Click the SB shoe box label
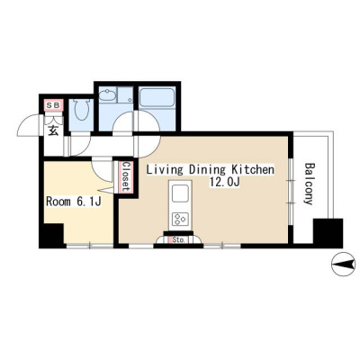pos(54,105)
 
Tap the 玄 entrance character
pos(53,130)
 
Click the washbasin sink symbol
pos(107,95)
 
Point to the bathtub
pos(157,97)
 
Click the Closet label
pos(126,177)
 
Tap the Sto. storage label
pos(179,240)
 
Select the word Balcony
pos(309,184)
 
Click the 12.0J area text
pos(224,182)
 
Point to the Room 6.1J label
pos(73,202)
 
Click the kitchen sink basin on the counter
pos(180,193)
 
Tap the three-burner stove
pos(180,219)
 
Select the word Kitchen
pos(253,170)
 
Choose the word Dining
pos(207,170)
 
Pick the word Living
pos(165,170)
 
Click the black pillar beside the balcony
pos(328,233)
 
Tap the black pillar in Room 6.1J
pos(53,235)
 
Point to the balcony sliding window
pos(291,191)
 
